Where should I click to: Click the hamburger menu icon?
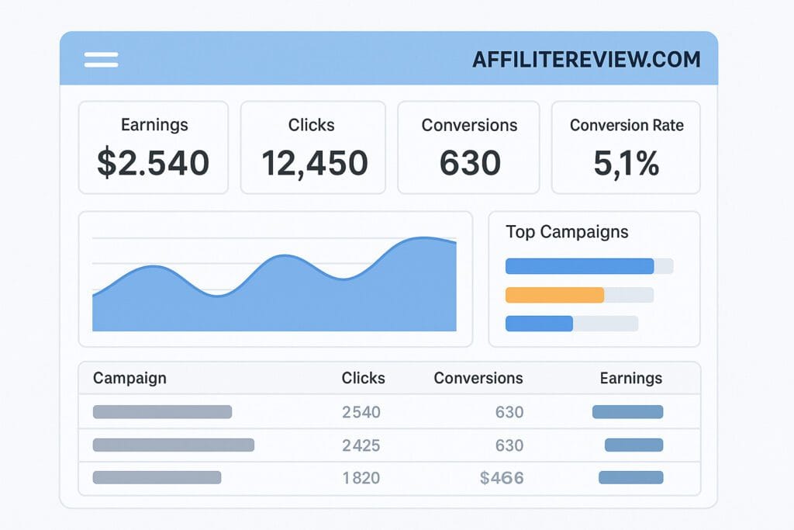click(x=101, y=60)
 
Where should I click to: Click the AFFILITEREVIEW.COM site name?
click(x=586, y=60)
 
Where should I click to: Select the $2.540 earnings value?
click(x=153, y=163)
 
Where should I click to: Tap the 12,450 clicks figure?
click(x=314, y=163)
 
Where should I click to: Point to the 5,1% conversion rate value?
click(x=627, y=163)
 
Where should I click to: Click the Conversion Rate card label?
click(x=627, y=125)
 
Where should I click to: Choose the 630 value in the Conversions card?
click(x=470, y=163)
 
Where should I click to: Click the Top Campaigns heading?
click(x=567, y=231)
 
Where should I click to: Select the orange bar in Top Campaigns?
click(x=554, y=295)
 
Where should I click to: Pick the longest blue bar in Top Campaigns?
click(x=579, y=266)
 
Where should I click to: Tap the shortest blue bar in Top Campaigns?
click(x=539, y=324)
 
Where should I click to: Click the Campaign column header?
click(x=129, y=378)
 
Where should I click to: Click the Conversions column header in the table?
click(x=478, y=378)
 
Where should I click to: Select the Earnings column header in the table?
click(x=630, y=378)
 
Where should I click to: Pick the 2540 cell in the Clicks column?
click(x=361, y=412)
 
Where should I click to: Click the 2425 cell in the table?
click(x=361, y=445)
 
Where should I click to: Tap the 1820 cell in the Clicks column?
click(x=361, y=478)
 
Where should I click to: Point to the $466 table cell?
click(x=502, y=478)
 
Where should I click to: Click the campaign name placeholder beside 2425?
click(x=173, y=445)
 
